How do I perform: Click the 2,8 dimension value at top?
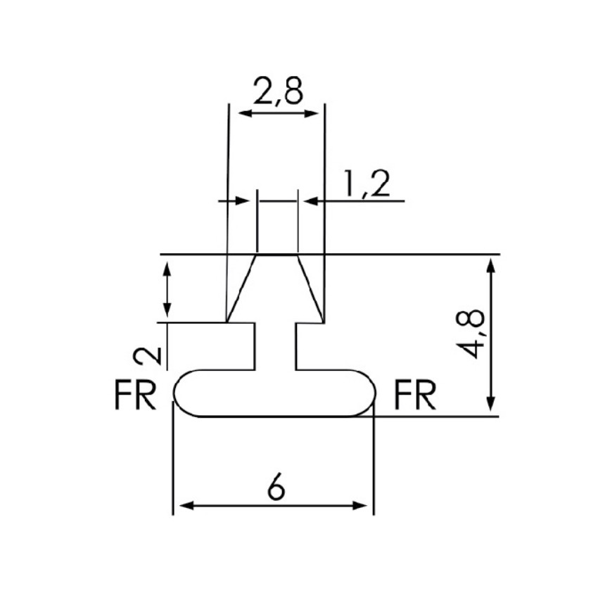tap(277, 91)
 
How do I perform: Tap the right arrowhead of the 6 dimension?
tap(364, 505)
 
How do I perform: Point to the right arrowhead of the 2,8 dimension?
tap(314, 113)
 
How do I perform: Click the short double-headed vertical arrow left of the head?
tap(167, 288)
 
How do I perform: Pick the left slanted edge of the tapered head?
tap(241, 288)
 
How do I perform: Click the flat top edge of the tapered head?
tap(277, 254)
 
